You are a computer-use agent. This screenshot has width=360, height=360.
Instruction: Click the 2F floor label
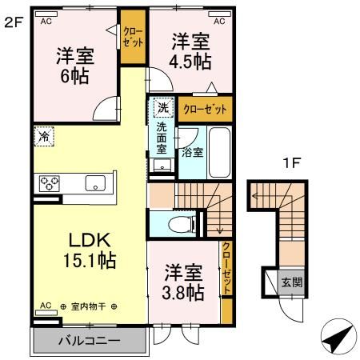click(x=13, y=22)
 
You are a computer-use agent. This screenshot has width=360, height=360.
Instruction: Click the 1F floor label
click(x=292, y=163)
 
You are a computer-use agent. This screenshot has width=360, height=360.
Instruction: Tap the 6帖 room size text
click(x=74, y=78)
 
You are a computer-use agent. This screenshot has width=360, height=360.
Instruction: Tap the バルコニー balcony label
click(x=90, y=341)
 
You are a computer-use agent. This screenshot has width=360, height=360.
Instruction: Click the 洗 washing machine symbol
click(x=162, y=108)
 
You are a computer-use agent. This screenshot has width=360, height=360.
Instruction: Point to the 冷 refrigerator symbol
click(x=45, y=136)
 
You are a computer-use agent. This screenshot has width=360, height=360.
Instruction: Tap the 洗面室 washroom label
click(x=162, y=138)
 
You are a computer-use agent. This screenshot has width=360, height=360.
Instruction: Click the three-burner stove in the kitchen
click(x=49, y=182)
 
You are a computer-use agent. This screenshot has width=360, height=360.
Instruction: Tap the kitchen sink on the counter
click(x=97, y=183)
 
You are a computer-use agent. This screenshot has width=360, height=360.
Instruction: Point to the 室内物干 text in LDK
click(x=88, y=306)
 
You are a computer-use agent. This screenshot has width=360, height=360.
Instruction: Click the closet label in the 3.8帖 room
click(x=226, y=268)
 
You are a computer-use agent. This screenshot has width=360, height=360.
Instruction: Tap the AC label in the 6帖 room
click(x=46, y=20)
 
